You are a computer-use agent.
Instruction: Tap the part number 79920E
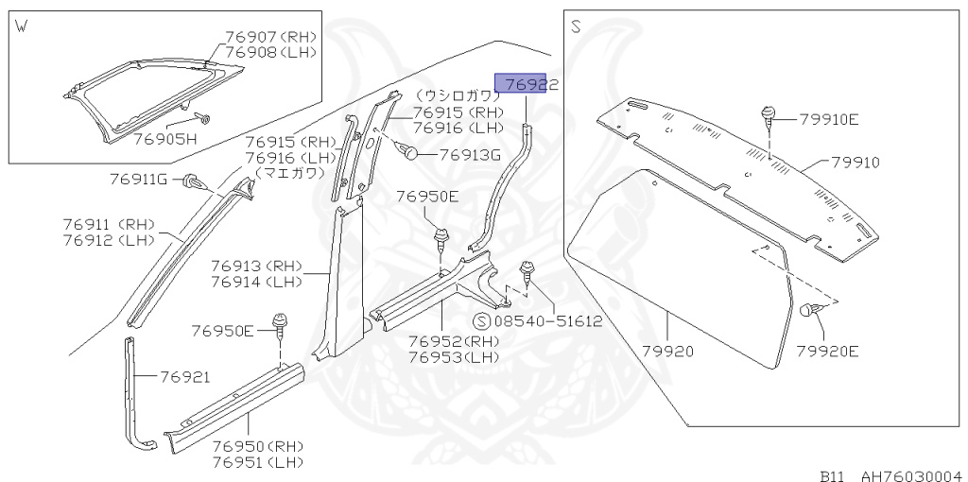tap(826, 351)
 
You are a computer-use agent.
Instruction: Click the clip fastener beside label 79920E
tap(810, 311)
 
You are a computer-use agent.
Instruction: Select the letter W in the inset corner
tap(20, 26)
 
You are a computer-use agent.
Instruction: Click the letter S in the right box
tap(575, 27)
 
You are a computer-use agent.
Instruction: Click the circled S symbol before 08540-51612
tap(479, 321)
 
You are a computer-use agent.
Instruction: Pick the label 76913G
tap(468, 155)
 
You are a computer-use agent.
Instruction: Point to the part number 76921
tap(184, 377)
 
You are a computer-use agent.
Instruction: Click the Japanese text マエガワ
tap(289, 174)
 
